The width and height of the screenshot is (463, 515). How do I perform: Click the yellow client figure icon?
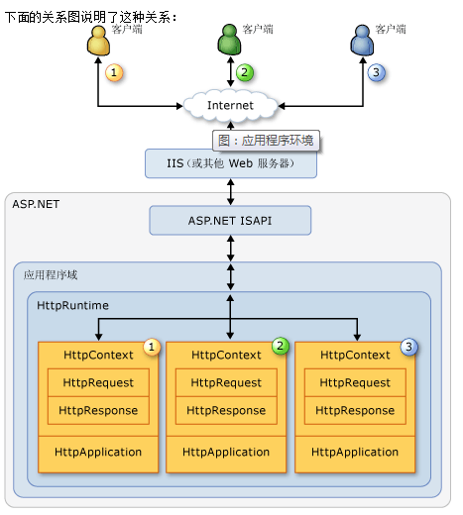(98, 41)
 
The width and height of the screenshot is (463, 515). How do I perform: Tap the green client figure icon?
(229, 40)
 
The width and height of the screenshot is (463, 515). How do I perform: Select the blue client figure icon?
(362, 41)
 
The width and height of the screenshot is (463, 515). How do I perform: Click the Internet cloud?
(230, 105)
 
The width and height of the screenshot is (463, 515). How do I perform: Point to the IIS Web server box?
(231, 163)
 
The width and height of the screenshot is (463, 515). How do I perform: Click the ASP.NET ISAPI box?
(230, 221)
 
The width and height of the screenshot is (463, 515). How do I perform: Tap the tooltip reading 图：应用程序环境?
(266, 141)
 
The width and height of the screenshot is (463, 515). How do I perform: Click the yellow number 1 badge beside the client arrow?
(114, 72)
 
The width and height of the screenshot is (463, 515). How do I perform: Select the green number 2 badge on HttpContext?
(281, 346)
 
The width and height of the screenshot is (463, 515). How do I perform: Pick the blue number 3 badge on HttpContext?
(408, 347)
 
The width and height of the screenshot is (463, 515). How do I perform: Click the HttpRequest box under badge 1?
(98, 382)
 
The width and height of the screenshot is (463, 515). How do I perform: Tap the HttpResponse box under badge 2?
(226, 410)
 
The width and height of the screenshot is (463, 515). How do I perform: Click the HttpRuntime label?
(72, 305)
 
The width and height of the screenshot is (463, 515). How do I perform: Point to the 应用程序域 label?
(51, 274)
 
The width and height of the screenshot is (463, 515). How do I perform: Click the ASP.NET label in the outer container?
(36, 204)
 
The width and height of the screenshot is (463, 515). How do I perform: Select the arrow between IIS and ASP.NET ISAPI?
(231, 192)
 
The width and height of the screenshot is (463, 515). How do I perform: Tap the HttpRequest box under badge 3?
(355, 382)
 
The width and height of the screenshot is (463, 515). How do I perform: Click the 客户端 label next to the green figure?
(258, 29)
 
